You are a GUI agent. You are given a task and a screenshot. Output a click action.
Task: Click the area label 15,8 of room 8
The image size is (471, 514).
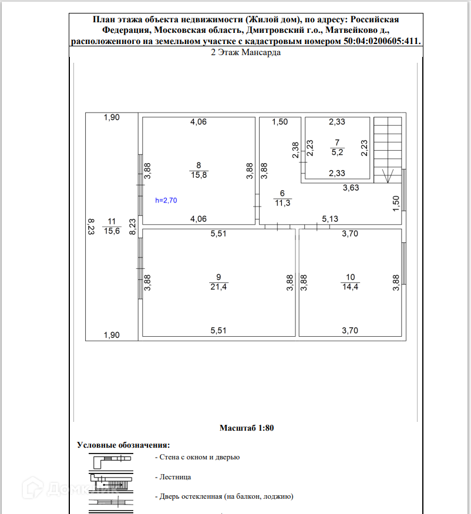tap(199, 174)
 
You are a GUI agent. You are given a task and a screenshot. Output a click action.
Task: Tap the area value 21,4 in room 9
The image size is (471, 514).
tap(218, 286)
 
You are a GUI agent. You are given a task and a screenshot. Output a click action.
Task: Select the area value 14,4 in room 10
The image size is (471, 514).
tap(351, 286)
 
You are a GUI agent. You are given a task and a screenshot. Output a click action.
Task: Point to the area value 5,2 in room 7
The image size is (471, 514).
tap(337, 151)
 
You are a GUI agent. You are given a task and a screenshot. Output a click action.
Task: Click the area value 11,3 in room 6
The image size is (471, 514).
tap(282, 203)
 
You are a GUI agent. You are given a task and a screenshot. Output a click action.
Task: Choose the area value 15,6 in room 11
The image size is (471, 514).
tap(112, 231)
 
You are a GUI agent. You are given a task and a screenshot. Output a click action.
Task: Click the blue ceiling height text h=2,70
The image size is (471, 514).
tap(166, 200)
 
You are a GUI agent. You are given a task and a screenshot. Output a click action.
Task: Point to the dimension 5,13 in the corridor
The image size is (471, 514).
tap(330, 219)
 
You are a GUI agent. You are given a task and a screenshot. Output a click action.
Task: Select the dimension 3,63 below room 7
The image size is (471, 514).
tap(352, 188)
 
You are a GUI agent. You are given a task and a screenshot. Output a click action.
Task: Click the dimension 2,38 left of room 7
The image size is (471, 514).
tap(295, 151)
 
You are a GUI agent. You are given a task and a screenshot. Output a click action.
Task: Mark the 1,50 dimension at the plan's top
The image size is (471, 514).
tap(280, 122)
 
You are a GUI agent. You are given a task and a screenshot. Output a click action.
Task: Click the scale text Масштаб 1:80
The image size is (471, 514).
tap(247, 428)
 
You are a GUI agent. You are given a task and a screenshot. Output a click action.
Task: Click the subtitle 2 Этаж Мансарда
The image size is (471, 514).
tap(245, 52)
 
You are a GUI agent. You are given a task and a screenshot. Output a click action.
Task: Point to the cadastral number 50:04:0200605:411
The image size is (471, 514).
tap(382, 41)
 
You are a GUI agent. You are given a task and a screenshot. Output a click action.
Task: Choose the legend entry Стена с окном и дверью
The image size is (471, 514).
tap(197, 457)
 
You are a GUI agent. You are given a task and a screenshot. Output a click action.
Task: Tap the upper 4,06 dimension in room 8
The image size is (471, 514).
tap(198, 122)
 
